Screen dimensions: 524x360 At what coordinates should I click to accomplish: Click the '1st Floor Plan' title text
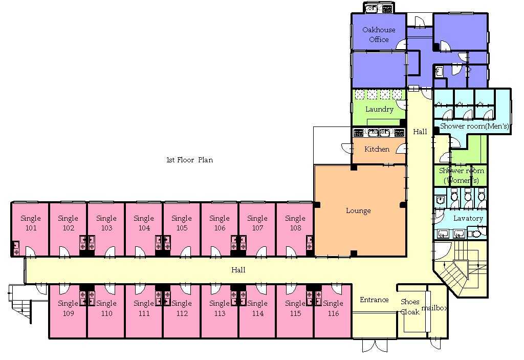189,160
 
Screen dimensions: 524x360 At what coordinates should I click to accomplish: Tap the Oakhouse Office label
379,34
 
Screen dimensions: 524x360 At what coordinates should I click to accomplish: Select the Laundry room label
379,109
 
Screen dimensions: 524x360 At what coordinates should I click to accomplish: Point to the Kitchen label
377,149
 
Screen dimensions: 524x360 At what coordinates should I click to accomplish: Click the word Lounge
358,211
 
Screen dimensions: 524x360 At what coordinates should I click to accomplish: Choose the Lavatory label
468,219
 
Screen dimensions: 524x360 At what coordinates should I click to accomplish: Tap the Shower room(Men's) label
474,126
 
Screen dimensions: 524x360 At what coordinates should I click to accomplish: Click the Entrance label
374,300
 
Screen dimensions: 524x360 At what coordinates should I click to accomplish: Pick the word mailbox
434,308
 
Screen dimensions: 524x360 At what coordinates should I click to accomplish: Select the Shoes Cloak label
410,307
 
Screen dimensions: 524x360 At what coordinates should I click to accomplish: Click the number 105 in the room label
182,228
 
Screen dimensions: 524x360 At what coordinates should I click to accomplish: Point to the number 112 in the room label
182,313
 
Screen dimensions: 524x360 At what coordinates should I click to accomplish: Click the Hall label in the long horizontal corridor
238,270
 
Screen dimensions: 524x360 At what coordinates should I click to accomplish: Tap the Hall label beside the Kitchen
420,132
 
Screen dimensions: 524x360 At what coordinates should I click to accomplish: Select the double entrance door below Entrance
375,346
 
